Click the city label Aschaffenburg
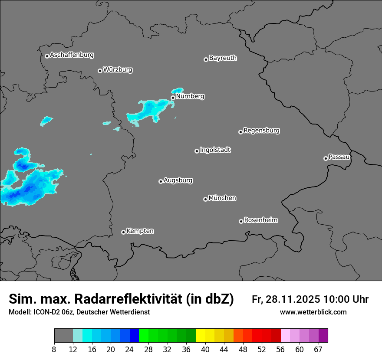click(72, 55)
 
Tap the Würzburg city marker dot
click(100, 71)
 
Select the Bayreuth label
click(223, 58)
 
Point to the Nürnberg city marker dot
click(173, 98)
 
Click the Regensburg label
click(261, 130)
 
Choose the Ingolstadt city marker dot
click(197, 151)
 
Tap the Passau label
click(339, 157)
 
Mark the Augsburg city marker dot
click(161, 181)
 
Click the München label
click(222, 198)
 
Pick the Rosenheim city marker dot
click(241, 222)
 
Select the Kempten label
click(140, 231)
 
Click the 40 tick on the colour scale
click(205, 350)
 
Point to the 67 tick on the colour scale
click(318, 350)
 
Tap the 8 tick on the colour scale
click(54, 350)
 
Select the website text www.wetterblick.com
click(313, 312)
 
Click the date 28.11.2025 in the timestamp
click(291, 299)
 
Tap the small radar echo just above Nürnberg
click(177, 90)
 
